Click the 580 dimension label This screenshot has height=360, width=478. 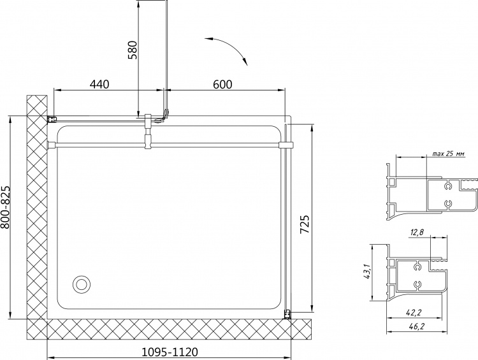tap(134, 50)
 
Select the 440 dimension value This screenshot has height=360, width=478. tap(99, 84)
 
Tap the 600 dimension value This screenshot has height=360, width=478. tap(222, 84)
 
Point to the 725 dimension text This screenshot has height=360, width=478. tap(305, 224)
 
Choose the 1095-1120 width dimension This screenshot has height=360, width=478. tap(170, 352)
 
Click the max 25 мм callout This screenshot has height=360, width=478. tap(449, 154)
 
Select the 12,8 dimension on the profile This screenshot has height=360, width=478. tap(417, 233)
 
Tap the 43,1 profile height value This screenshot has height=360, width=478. tap(366, 271)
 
